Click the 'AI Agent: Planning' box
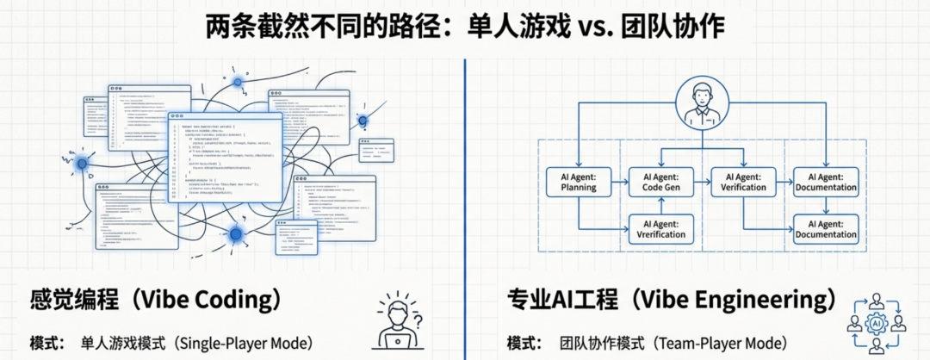point(578,182)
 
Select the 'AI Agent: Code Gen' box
point(662,182)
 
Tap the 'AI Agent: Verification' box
point(744,182)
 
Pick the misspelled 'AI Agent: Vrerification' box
point(662,228)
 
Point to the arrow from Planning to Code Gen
point(620,182)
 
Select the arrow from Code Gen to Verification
point(703,182)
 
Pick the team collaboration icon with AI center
point(877,324)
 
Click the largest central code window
point(226,159)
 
